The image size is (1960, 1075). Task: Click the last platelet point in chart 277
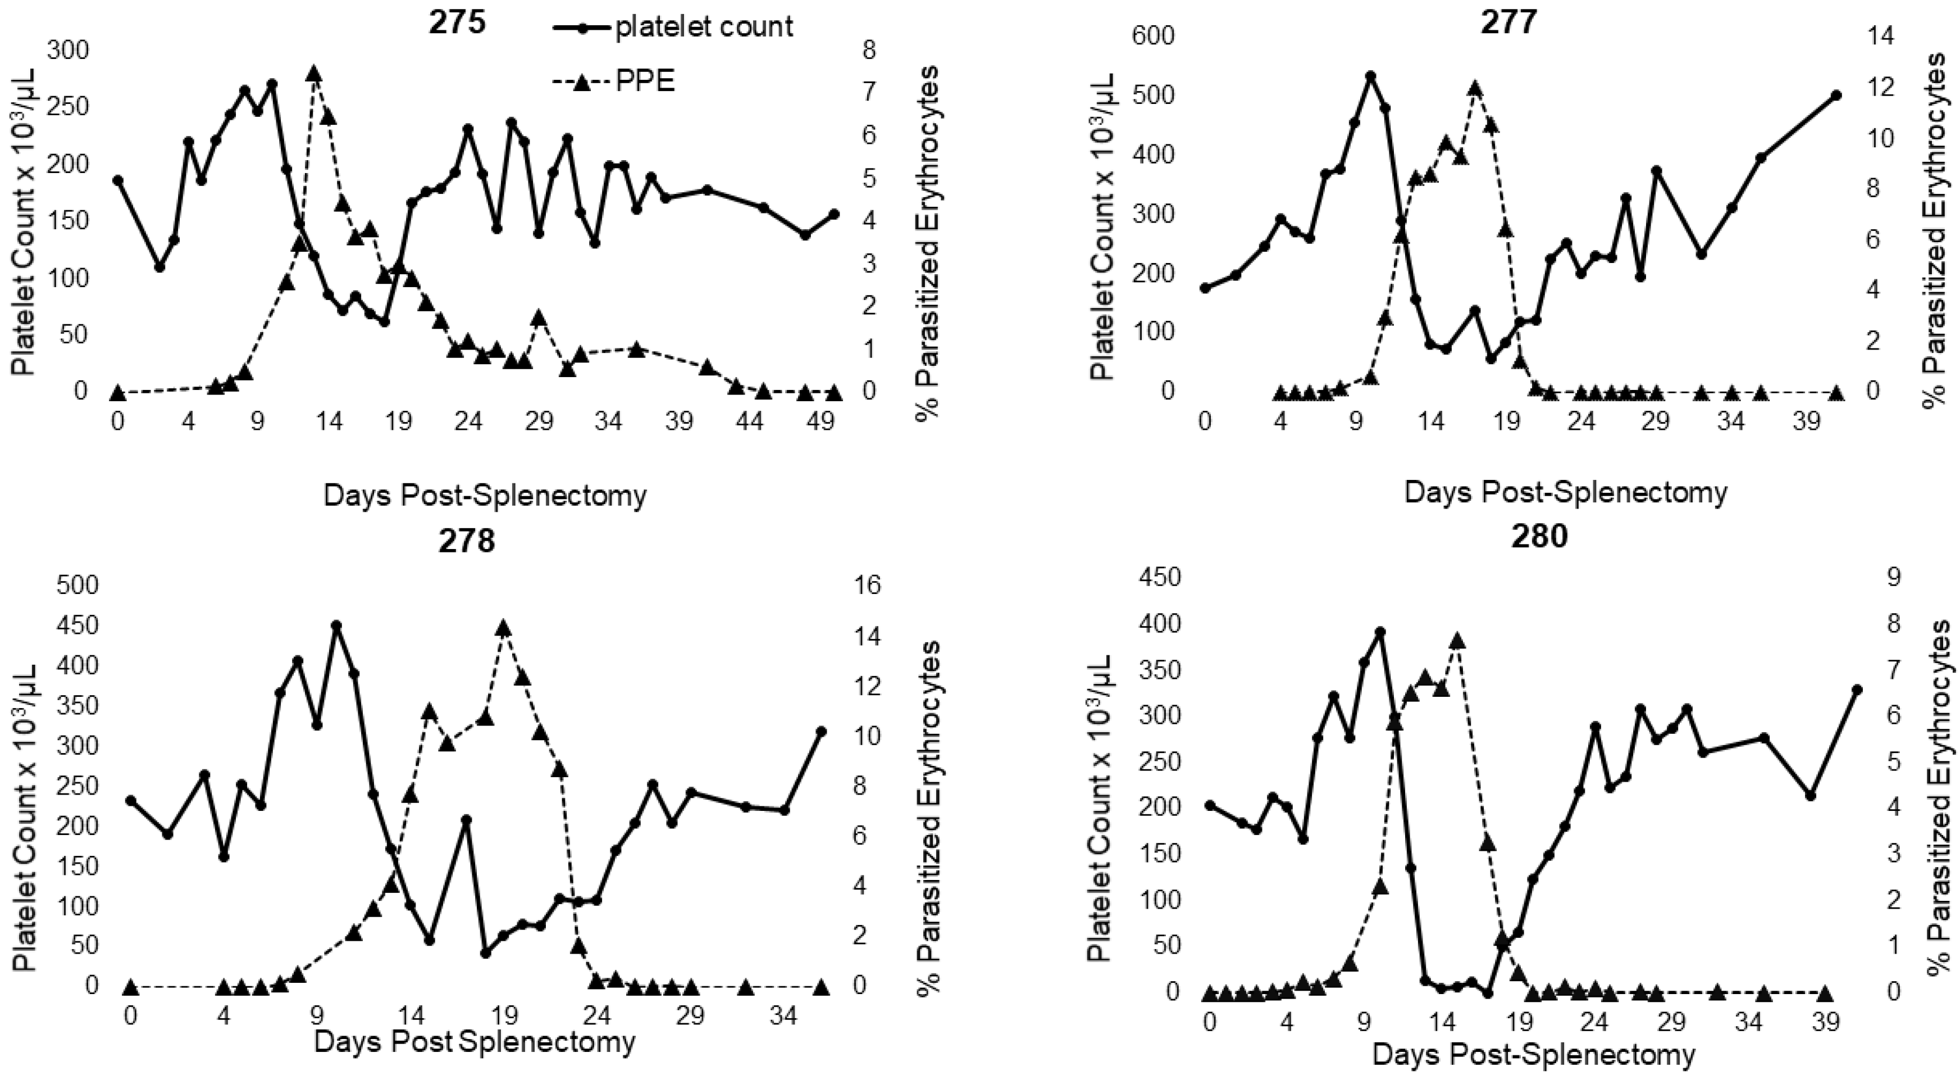click(x=1836, y=116)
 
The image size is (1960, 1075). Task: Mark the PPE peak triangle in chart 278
click(x=503, y=629)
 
